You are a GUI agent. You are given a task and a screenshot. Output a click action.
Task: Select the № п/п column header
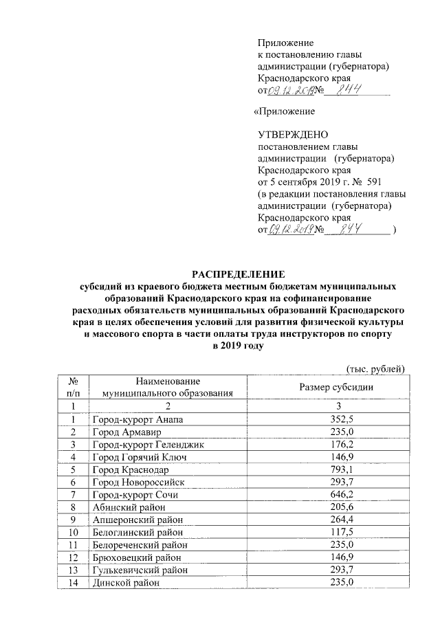[73, 388]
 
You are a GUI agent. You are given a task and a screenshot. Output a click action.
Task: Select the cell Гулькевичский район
[138, 572]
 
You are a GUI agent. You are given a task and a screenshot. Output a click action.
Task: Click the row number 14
[73, 584]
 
